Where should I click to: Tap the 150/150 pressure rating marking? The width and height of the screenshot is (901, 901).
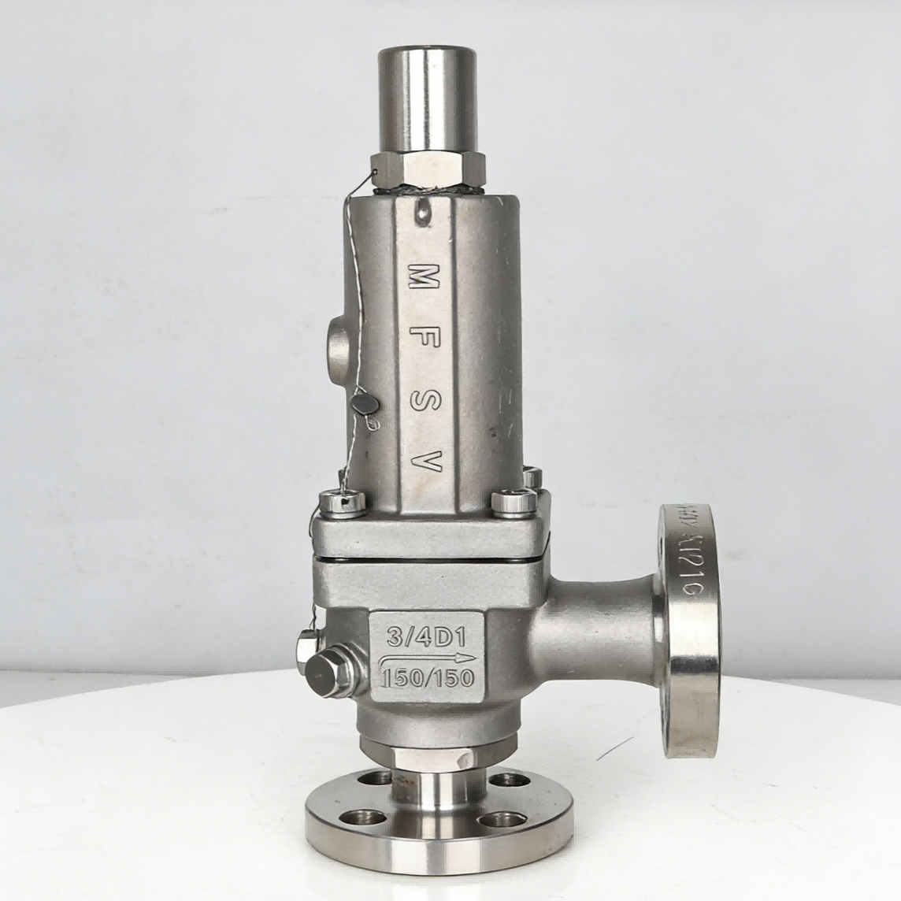tap(426, 674)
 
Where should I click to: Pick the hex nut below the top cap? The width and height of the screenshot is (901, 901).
tap(429, 168)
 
